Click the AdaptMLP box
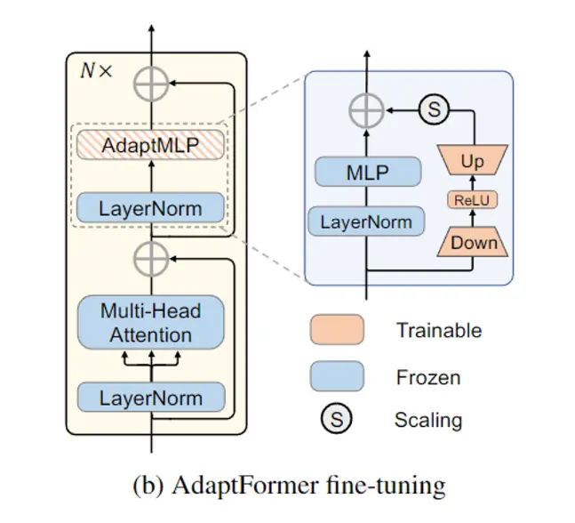(x=151, y=145)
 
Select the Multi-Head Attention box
(x=151, y=323)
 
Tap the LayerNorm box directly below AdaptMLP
(x=151, y=209)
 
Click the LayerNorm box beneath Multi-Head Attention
(x=151, y=398)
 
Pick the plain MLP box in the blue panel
(x=365, y=173)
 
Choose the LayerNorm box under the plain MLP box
(x=365, y=220)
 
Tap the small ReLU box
(x=473, y=201)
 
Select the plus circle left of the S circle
(x=365, y=111)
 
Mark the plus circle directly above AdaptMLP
(x=151, y=84)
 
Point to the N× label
(x=97, y=71)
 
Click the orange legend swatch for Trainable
(x=337, y=330)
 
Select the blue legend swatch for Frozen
(x=337, y=376)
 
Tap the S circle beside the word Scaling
(x=337, y=419)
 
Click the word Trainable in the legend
(x=439, y=331)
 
